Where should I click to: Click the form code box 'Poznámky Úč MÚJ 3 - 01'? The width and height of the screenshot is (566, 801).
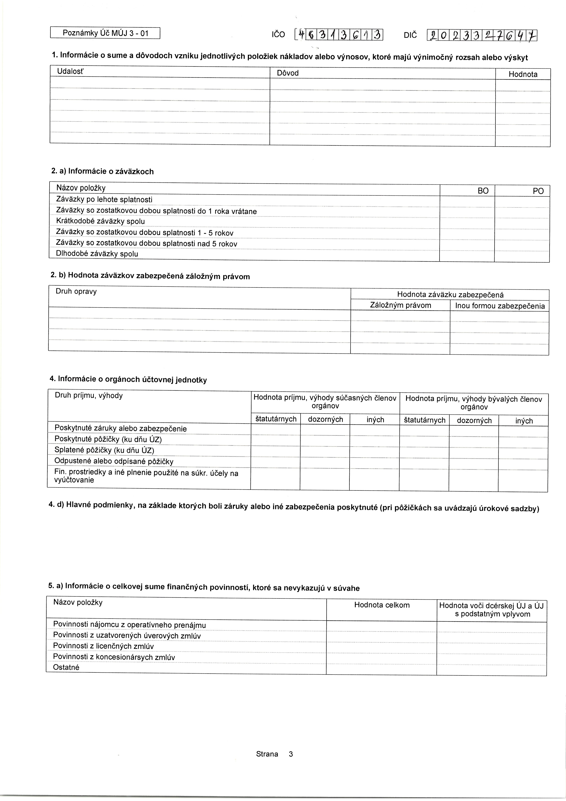click(x=105, y=33)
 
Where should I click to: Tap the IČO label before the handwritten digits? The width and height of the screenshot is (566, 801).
click(x=278, y=34)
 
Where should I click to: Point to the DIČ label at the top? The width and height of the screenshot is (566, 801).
click(x=410, y=35)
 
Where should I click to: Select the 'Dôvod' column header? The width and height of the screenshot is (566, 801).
click(x=288, y=73)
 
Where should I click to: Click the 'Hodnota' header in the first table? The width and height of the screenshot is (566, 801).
click(x=523, y=74)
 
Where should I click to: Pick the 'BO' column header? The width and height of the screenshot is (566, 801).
click(x=483, y=191)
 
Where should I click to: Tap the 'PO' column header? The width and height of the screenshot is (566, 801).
click(x=538, y=191)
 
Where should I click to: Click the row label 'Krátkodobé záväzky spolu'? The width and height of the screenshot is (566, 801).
click(x=100, y=221)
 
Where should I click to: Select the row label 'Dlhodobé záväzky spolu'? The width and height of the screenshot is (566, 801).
click(x=97, y=254)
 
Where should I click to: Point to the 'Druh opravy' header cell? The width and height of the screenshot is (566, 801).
click(x=76, y=291)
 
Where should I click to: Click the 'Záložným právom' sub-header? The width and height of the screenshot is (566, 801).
click(x=400, y=306)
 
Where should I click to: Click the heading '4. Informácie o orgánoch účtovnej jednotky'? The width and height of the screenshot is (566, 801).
click(x=128, y=379)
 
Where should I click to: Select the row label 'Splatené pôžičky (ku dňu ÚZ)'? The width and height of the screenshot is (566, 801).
click(x=104, y=450)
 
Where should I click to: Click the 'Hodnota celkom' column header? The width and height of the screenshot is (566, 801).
click(x=382, y=605)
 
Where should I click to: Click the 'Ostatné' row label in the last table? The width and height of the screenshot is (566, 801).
click(x=66, y=667)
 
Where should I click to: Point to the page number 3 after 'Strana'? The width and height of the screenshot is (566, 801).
click(x=291, y=754)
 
